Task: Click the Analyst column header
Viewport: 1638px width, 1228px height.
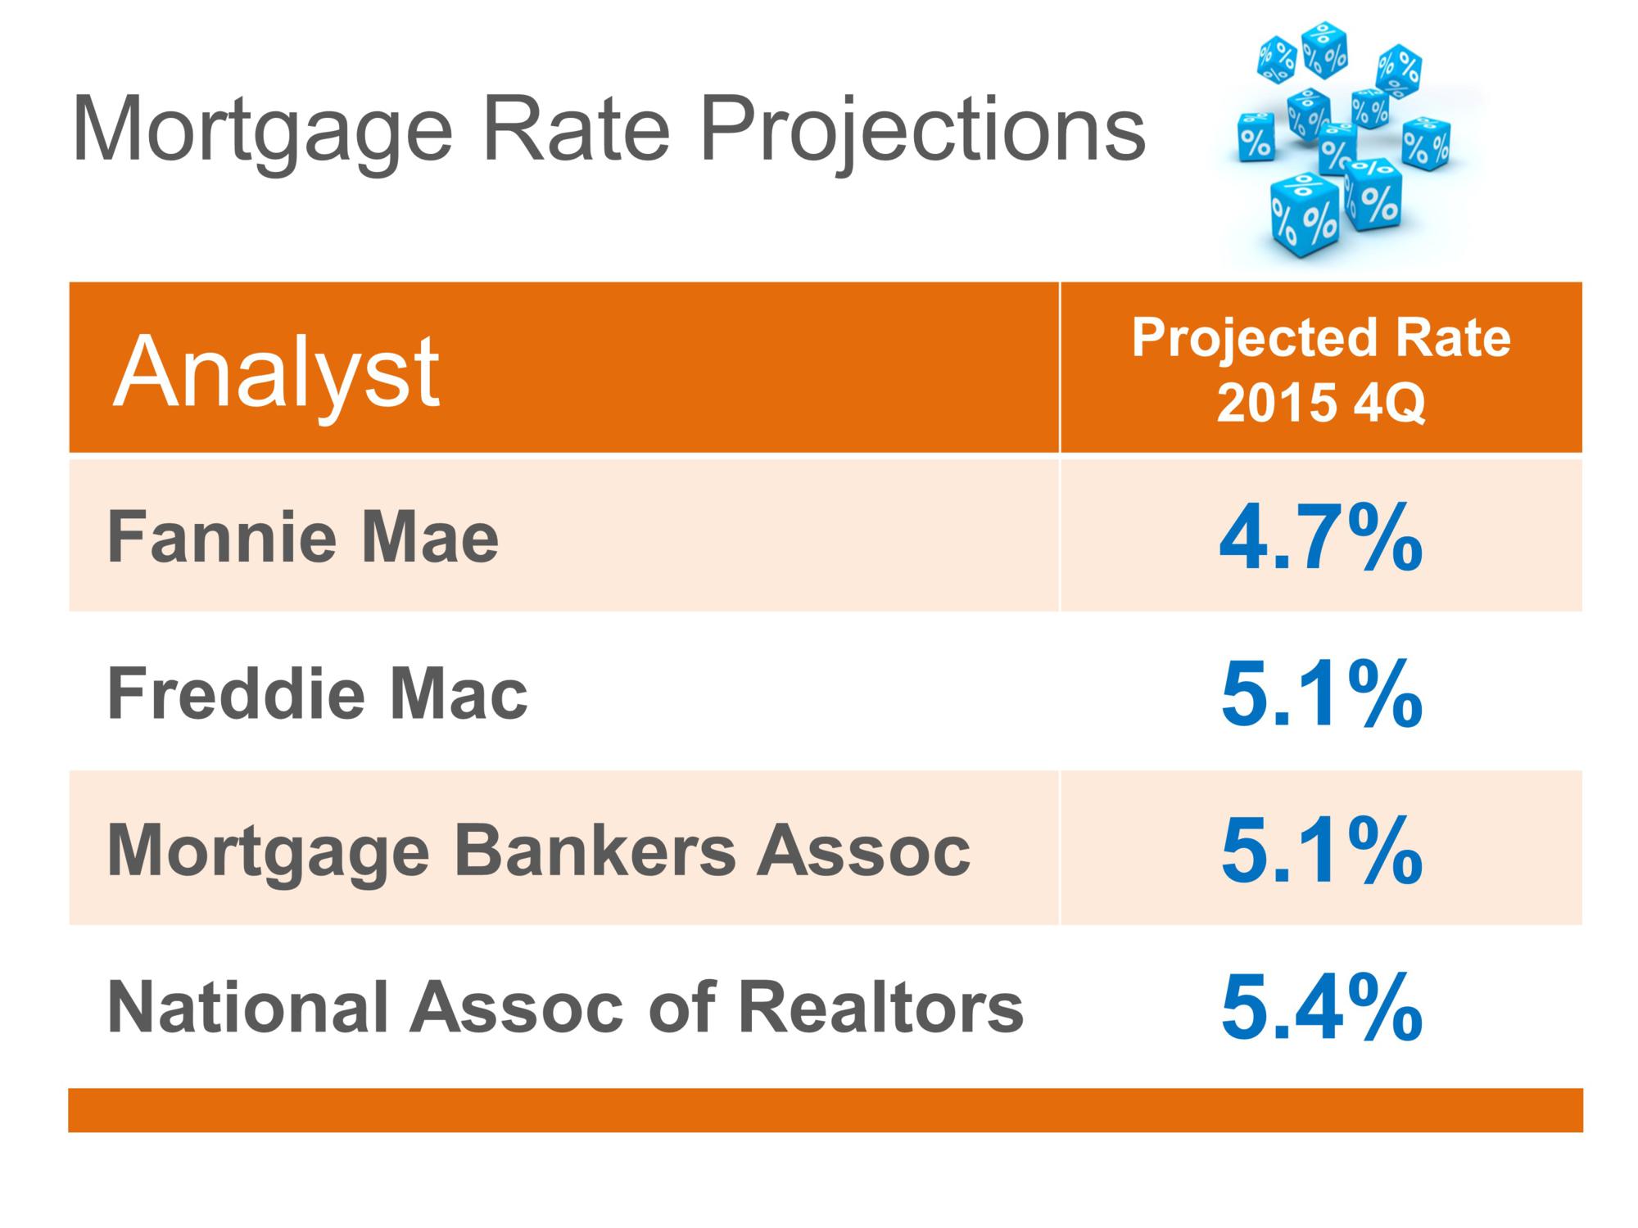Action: coord(277,372)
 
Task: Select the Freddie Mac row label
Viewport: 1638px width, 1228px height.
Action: coord(317,694)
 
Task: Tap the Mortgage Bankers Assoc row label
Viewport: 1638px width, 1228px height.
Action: coord(538,851)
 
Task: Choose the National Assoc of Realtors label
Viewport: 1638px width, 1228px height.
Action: coord(564,1007)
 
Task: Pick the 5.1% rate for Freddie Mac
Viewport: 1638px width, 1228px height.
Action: coord(1320,694)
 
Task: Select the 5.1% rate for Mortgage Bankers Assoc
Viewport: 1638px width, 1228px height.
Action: coord(1320,851)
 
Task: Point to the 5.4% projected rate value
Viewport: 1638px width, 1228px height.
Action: coord(1320,1007)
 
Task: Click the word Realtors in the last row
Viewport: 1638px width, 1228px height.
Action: coord(880,1007)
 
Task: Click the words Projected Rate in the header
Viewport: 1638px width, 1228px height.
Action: coord(1320,338)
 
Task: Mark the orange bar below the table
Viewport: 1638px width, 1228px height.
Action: coord(825,1110)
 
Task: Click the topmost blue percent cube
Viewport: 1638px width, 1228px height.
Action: coord(1324,49)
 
